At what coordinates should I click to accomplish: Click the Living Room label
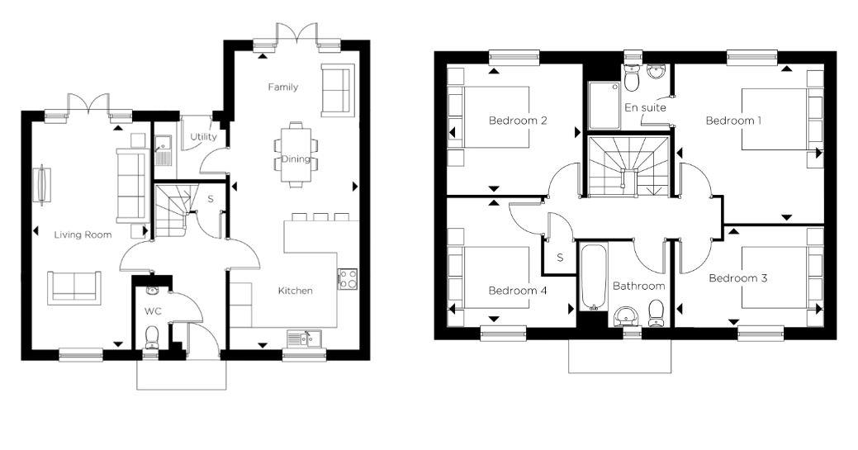(83, 234)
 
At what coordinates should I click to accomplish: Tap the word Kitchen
(296, 291)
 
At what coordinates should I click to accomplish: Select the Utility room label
(203, 137)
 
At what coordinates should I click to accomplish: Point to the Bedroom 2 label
(518, 121)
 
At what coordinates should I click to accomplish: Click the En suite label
(645, 107)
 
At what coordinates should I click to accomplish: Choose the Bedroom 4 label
(518, 291)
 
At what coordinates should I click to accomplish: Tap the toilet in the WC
(151, 336)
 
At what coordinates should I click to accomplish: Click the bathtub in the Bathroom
(593, 277)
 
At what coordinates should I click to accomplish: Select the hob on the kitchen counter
(348, 278)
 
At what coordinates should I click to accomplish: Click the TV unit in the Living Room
(42, 185)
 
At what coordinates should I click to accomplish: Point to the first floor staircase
(628, 167)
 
